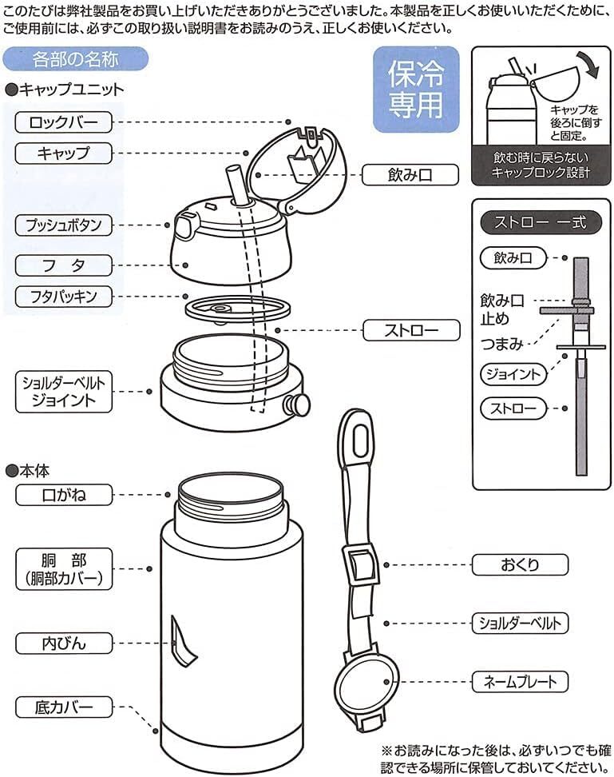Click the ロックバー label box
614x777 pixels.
point(64,122)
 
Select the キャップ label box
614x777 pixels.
point(64,153)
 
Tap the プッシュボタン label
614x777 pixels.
point(64,224)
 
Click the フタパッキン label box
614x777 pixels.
point(64,297)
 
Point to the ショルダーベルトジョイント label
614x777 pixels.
point(64,391)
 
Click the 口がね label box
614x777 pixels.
point(64,495)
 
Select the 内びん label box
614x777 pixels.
point(64,643)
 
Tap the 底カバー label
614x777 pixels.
point(64,707)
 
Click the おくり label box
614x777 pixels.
point(520,564)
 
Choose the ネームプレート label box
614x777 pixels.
point(520,681)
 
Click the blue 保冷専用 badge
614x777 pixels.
point(416,90)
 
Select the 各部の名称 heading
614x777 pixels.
point(76,59)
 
